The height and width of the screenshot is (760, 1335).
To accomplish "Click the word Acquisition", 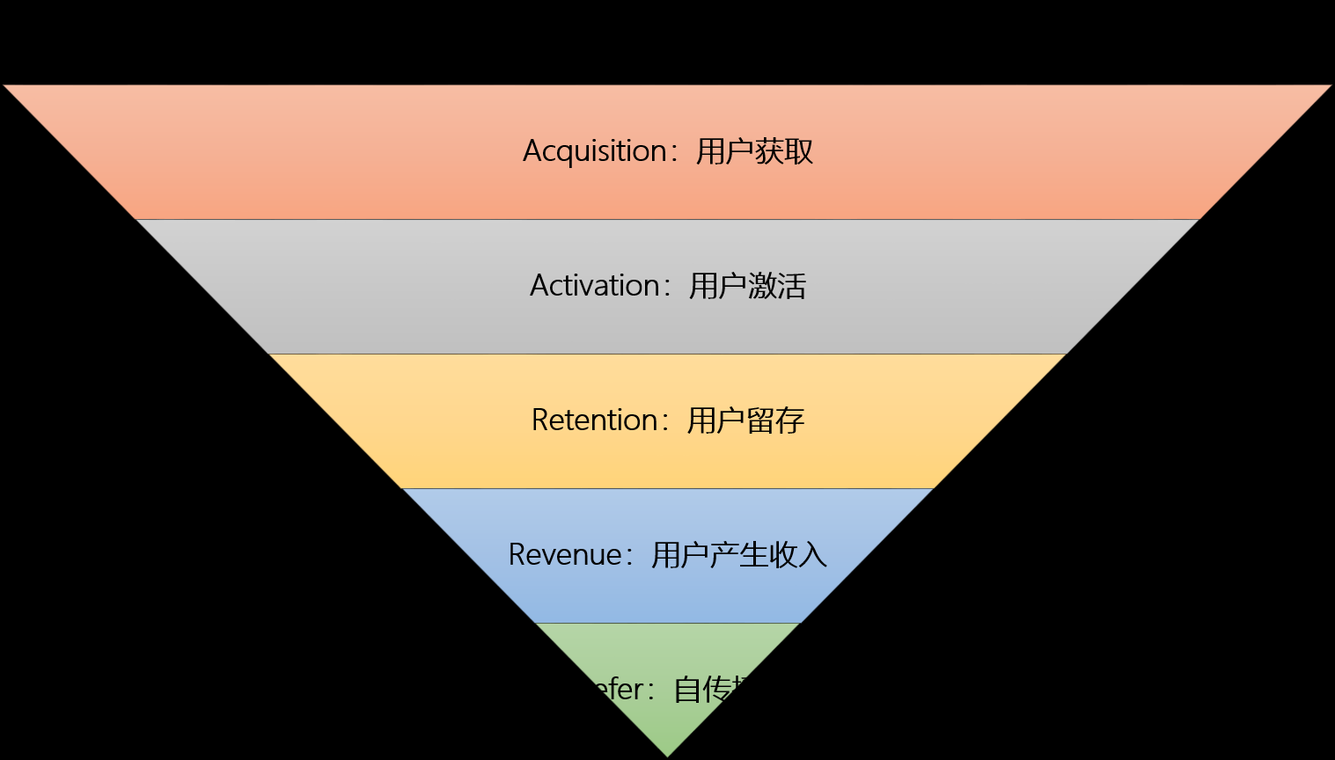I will pos(595,151).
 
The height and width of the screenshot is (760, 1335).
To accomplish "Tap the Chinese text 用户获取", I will pos(754,151).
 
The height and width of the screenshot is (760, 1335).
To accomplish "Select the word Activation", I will pos(595,286).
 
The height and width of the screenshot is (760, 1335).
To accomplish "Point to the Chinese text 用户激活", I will pos(747,286).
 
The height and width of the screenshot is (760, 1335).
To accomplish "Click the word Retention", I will pos(595,420).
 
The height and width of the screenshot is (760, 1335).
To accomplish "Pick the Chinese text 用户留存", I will pos(745,420).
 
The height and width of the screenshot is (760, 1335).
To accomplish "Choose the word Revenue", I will pos(565,555).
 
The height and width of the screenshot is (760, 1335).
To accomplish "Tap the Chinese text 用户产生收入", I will pos(739,555).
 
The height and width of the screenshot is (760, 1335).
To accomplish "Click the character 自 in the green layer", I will pos(687,690).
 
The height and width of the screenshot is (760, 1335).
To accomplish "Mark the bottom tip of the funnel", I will pos(667,755).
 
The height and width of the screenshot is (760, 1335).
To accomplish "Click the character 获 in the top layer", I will pos(769,151).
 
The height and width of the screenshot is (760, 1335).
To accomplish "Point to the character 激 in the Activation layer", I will pos(762,286).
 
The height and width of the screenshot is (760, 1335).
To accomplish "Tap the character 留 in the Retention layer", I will pos(760,420).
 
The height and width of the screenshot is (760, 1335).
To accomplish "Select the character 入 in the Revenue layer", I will pos(813,555).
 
